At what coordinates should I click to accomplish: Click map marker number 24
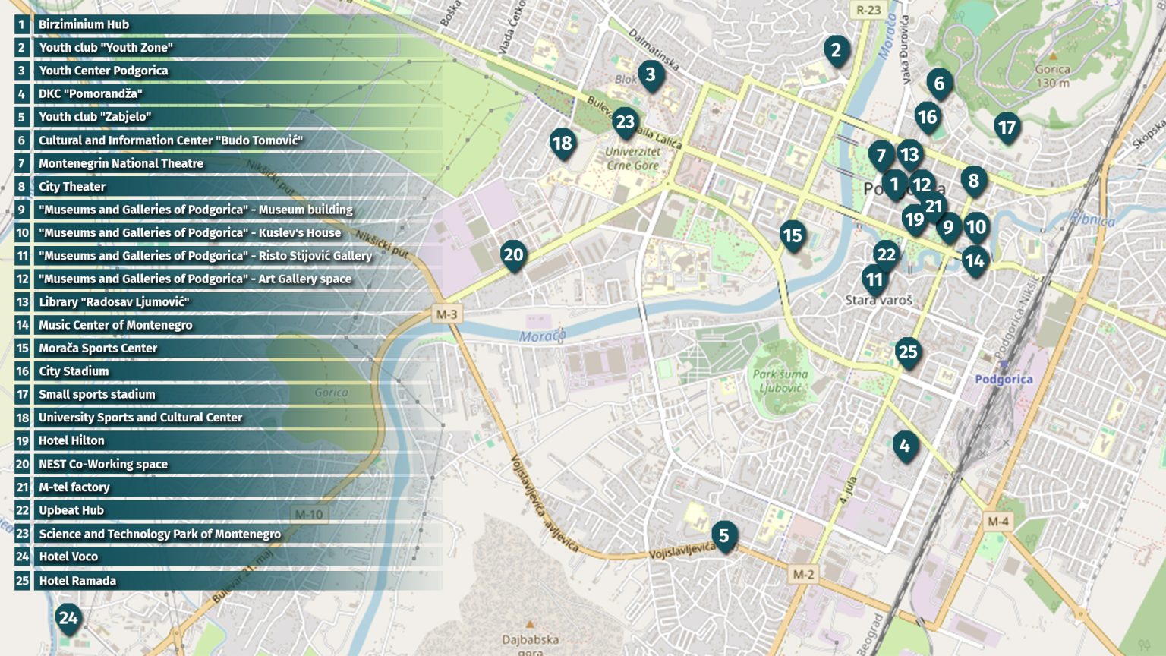click(x=68, y=618)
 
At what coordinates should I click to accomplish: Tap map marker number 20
click(x=513, y=255)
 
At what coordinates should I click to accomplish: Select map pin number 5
click(x=723, y=536)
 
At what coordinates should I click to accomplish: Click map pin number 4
click(x=904, y=446)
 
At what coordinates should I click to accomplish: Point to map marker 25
click(x=908, y=352)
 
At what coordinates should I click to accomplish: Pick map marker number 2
click(x=836, y=50)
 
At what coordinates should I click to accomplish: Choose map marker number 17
click(x=1007, y=128)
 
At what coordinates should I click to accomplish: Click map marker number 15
click(x=792, y=236)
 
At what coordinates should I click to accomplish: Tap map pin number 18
click(x=562, y=143)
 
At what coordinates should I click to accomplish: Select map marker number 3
click(x=651, y=74)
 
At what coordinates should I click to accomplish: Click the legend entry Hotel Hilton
click(x=71, y=440)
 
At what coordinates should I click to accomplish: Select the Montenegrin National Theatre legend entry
click(x=121, y=163)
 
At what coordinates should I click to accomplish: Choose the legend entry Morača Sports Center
click(x=98, y=348)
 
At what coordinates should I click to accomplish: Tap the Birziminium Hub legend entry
click(x=84, y=24)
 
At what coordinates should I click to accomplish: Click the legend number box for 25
click(x=22, y=581)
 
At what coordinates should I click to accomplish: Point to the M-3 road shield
click(x=446, y=314)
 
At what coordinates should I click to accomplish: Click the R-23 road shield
click(x=868, y=10)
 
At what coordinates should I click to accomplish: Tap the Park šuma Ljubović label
click(x=780, y=381)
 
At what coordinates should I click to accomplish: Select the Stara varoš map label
click(x=878, y=300)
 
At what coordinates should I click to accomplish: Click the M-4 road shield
click(x=997, y=521)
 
